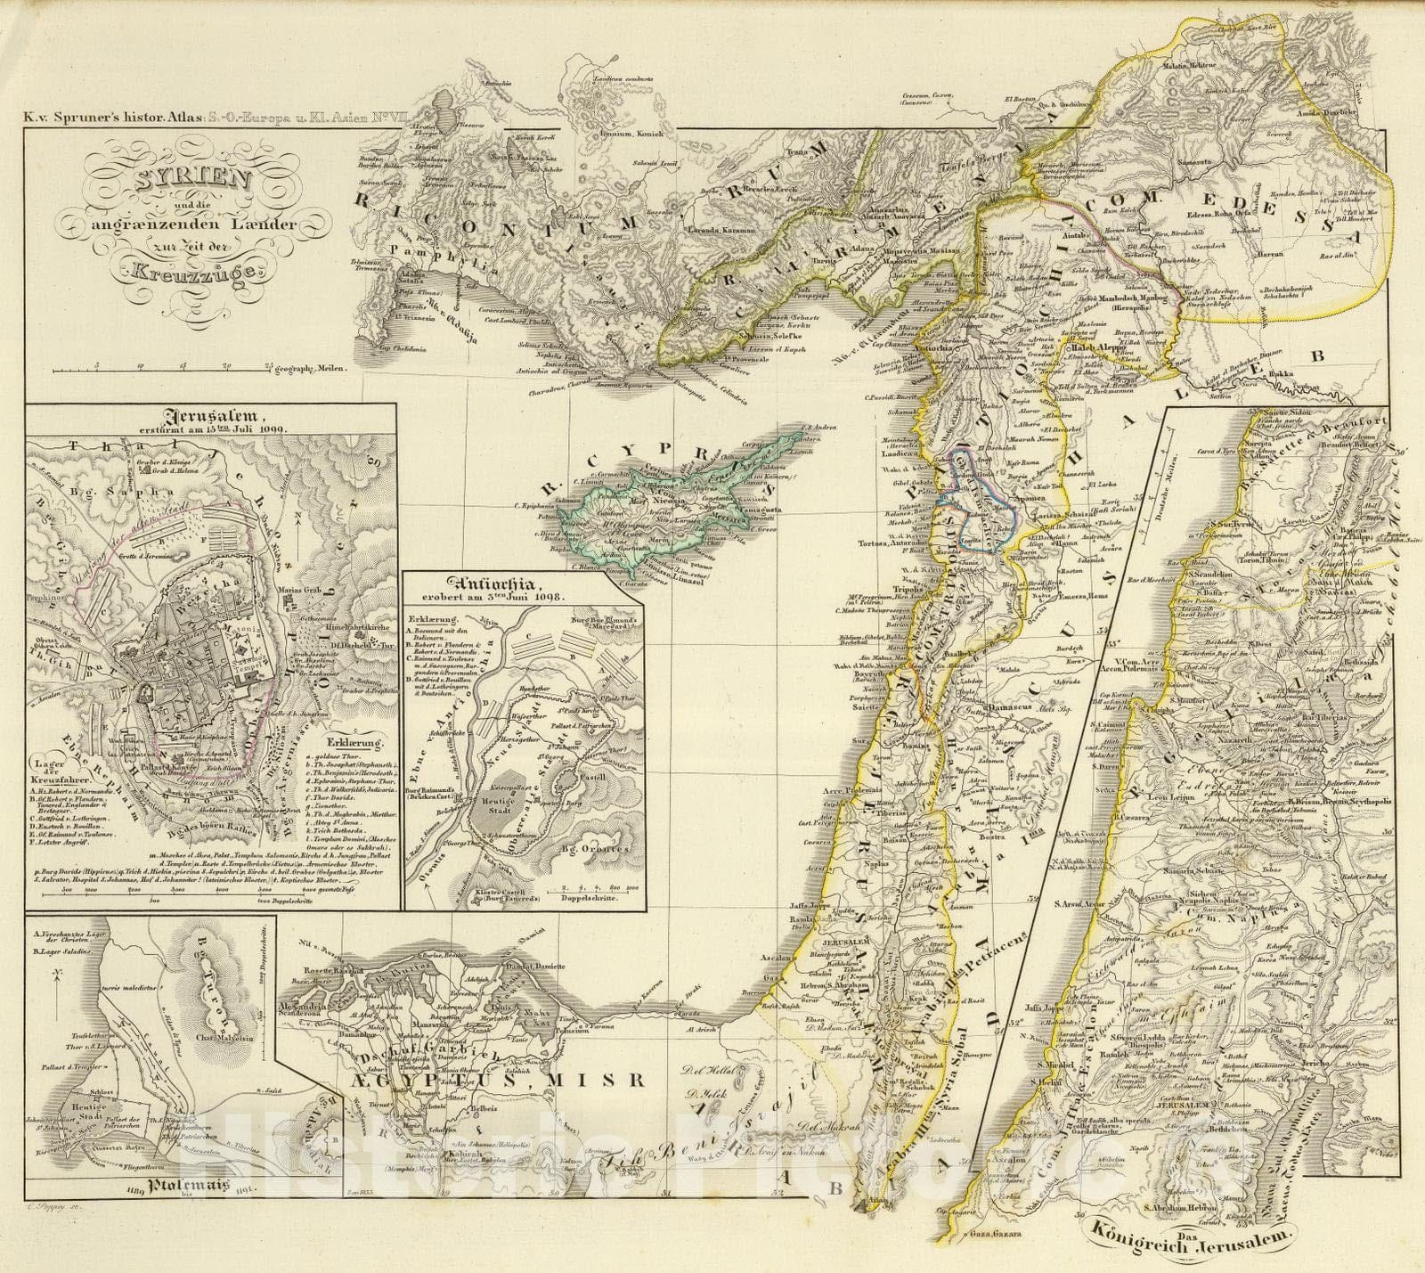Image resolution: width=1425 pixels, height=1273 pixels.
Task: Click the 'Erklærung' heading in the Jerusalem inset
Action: tap(354, 741)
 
